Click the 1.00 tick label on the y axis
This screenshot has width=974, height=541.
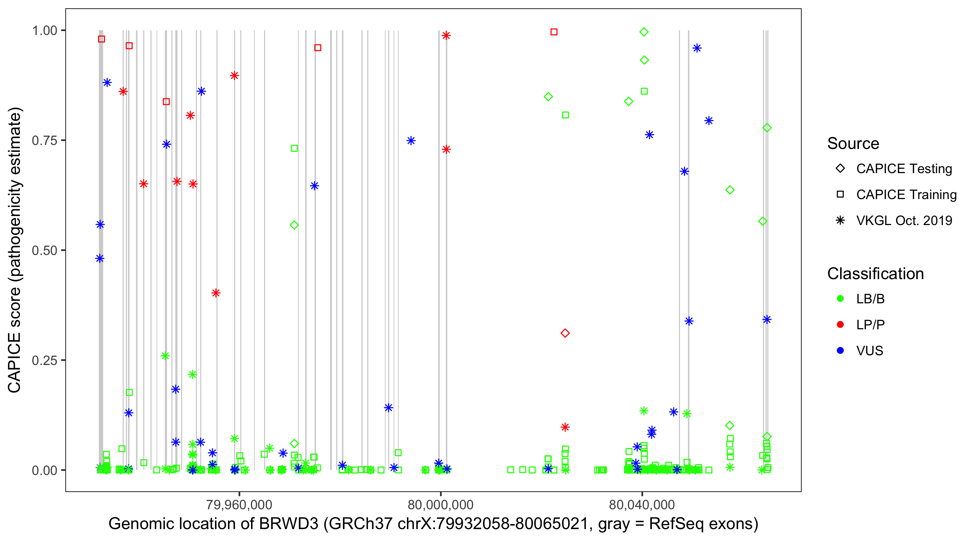[x=44, y=31]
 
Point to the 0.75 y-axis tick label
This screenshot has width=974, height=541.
[x=44, y=141]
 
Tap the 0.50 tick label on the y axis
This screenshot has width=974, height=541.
[x=44, y=251]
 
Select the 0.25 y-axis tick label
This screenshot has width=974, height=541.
[x=44, y=360]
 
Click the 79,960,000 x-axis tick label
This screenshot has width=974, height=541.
[x=239, y=505]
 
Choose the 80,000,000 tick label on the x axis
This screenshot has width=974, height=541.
[x=440, y=505]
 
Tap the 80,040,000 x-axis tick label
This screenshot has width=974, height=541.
[x=642, y=505]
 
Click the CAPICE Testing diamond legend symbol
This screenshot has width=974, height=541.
[x=840, y=169]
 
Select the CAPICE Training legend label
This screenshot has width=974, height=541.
[x=906, y=195]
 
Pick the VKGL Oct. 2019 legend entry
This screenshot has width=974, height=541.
[x=904, y=221]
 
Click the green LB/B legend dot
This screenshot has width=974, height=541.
[x=840, y=299]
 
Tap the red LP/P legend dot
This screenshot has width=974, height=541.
[x=840, y=325]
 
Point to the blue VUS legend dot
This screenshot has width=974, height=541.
[x=840, y=351]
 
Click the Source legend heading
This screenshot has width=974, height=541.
[x=853, y=144]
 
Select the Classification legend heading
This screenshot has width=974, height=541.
[x=875, y=274]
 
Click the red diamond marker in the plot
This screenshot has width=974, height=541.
[x=565, y=333]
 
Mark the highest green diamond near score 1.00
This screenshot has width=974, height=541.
[x=644, y=32]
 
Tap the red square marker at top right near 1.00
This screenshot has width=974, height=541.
[x=554, y=32]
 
